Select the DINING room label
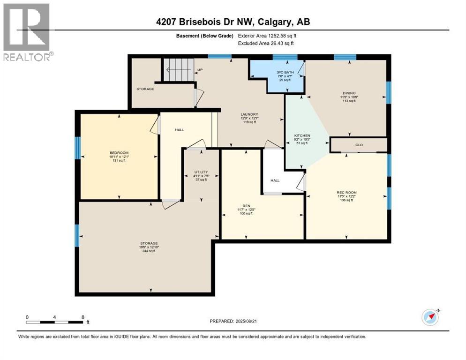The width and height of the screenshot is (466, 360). pyautogui.click(x=348, y=93)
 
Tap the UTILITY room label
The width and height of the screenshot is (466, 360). pyautogui.click(x=201, y=172)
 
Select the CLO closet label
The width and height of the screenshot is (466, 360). pyautogui.click(x=359, y=145)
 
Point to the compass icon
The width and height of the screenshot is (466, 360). pyautogui.click(x=430, y=317)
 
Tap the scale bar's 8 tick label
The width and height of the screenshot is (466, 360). pyautogui.click(x=83, y=317)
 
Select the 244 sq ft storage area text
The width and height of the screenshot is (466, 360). pyautogui.click(x=149, y=251)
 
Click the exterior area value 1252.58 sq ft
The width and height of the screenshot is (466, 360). pyautogui.click(x=277, y=35)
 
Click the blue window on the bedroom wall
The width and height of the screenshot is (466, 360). pyautogui.click(x=78, y=147)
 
